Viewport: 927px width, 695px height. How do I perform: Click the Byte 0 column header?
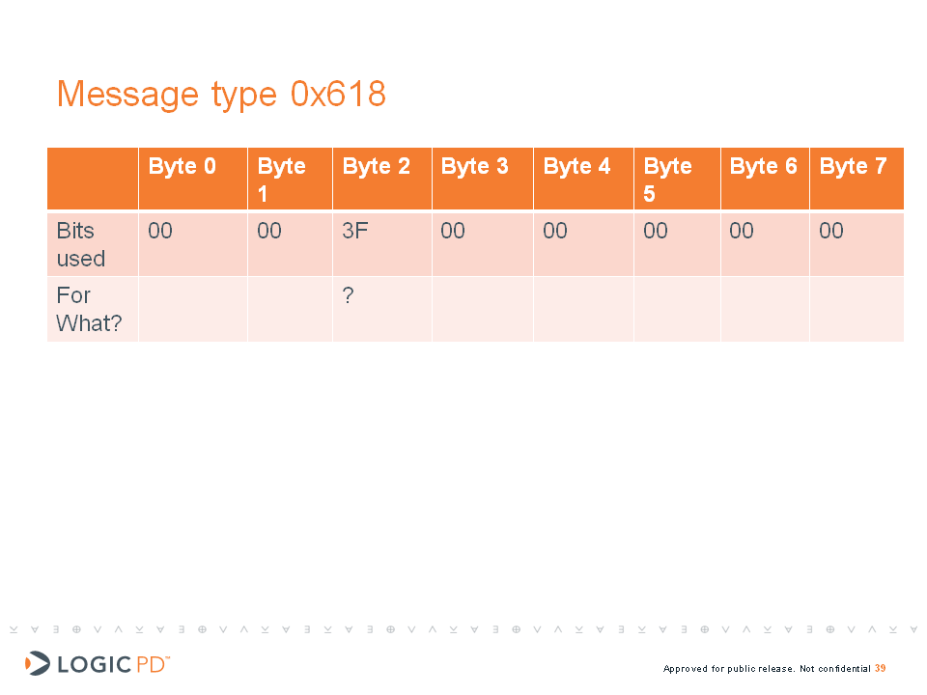click(x=183, y=166)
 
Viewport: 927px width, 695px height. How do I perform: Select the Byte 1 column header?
click(x=281, y=180)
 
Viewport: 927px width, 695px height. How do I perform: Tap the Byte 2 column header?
click(x=376, y=166)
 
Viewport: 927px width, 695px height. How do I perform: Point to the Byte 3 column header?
click(x=475, y=166)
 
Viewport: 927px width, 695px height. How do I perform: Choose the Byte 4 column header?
click(x=576, y=166)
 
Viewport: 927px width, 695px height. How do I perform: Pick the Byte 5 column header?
click(x=667, y=180)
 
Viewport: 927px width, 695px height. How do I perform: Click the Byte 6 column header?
click(x=763, y=166)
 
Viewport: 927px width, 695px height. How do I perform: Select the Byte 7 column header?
click(x=853, y=166)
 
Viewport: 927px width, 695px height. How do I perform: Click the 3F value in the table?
click(x=354, y=231)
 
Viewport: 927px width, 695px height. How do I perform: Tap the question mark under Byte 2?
click(x=349, y=295)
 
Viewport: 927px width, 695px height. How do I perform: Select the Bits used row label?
click(x=81, y=244)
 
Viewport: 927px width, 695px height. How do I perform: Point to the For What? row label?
click(x=89, y=309)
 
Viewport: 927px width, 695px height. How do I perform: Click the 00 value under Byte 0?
click(x=160, y=231)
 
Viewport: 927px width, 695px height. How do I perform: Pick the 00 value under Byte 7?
click(x=831, y=231)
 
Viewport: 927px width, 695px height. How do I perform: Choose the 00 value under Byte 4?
click(x=555, y=231)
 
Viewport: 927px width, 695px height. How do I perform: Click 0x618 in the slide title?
click(x=338, y=94)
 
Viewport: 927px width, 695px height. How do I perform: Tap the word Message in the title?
click(x=127, y=95)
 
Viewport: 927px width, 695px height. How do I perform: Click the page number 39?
click(x=881, y=668)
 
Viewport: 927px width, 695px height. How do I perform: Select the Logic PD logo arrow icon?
click(x=38, y=663)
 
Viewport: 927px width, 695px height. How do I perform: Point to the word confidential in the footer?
click(x=844, y=668)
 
